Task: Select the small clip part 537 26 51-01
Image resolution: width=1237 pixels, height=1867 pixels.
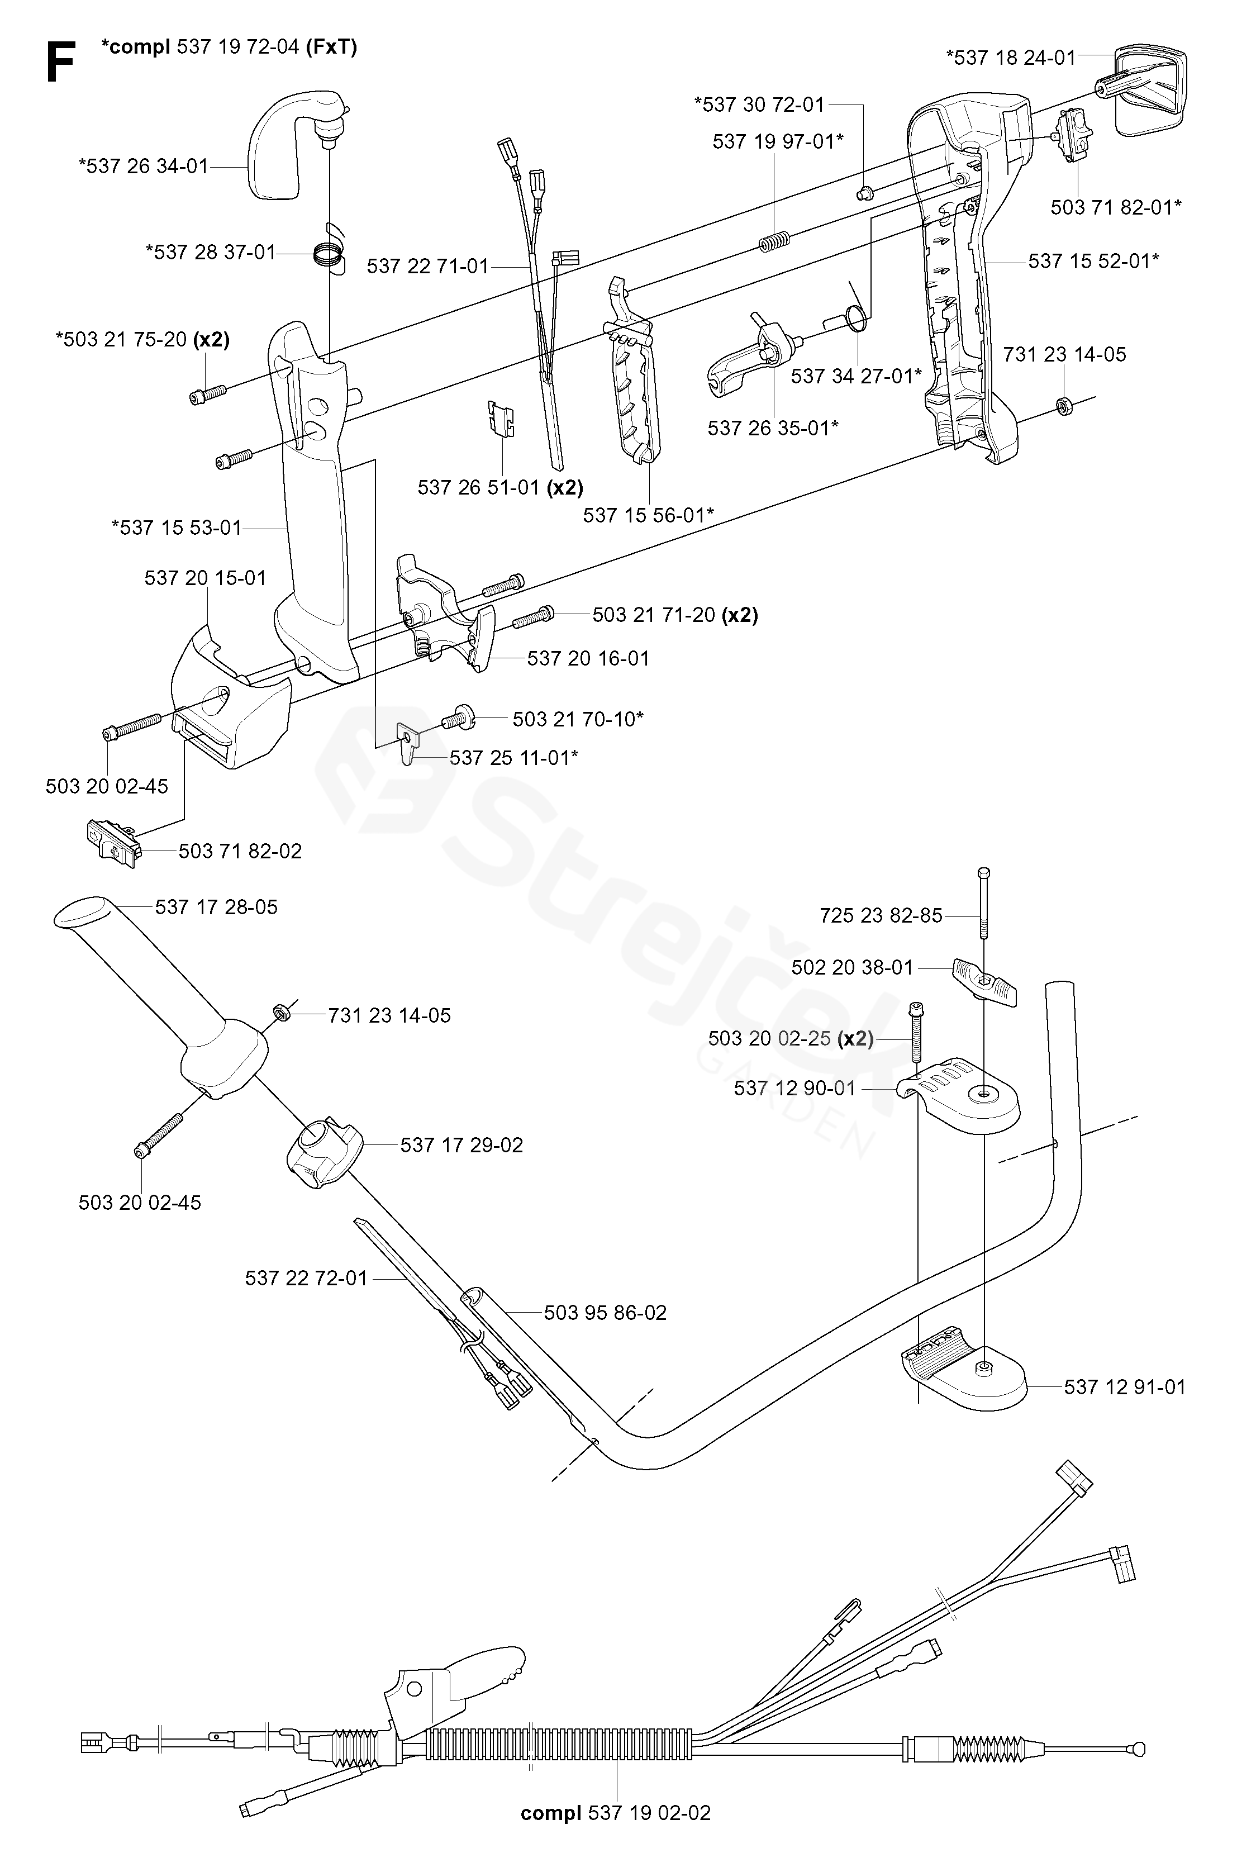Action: [x=500, y=417]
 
